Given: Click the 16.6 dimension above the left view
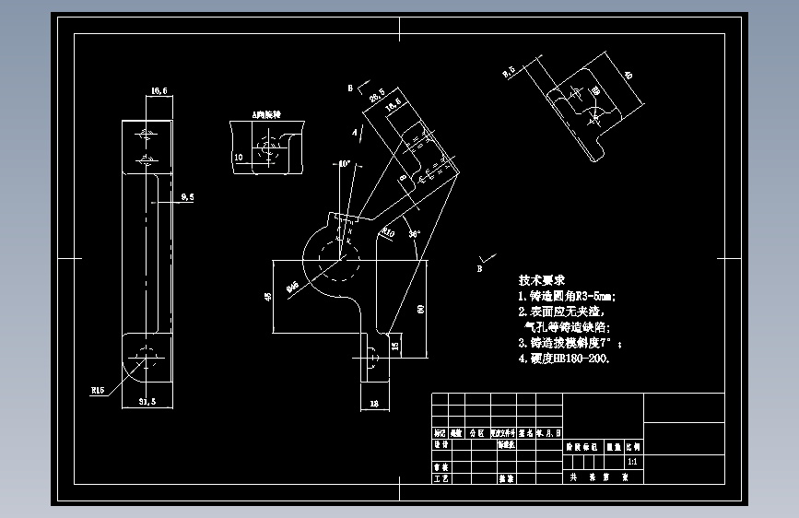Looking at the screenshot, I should coord(158,90).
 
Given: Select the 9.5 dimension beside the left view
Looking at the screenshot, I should coord(188,196).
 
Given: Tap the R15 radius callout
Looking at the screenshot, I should coord(98,391).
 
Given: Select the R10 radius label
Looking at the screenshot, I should coord(388,233).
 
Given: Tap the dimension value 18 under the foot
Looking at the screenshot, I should coord(373,404).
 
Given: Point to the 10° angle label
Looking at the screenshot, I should coord(345,163).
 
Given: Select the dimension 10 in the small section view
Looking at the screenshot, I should coord(238,158).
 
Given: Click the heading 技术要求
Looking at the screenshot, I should coord(541,279).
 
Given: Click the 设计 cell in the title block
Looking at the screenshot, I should coord(440,443).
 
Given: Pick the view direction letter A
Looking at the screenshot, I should coord(354,133).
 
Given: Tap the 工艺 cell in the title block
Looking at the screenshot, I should coord(440,478).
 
